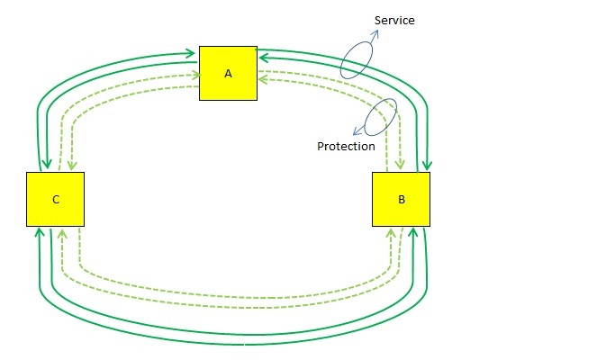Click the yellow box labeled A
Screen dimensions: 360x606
point(228,73)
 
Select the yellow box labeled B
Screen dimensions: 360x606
point(401,199)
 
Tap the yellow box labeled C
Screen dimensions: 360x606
point(55,199)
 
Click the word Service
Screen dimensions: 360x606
point(393,20)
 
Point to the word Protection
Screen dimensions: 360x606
point(346,146)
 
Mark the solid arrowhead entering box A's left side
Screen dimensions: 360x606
point(193,54)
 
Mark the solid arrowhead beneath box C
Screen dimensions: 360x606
point(39,232)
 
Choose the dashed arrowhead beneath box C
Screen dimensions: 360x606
point(60,232)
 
